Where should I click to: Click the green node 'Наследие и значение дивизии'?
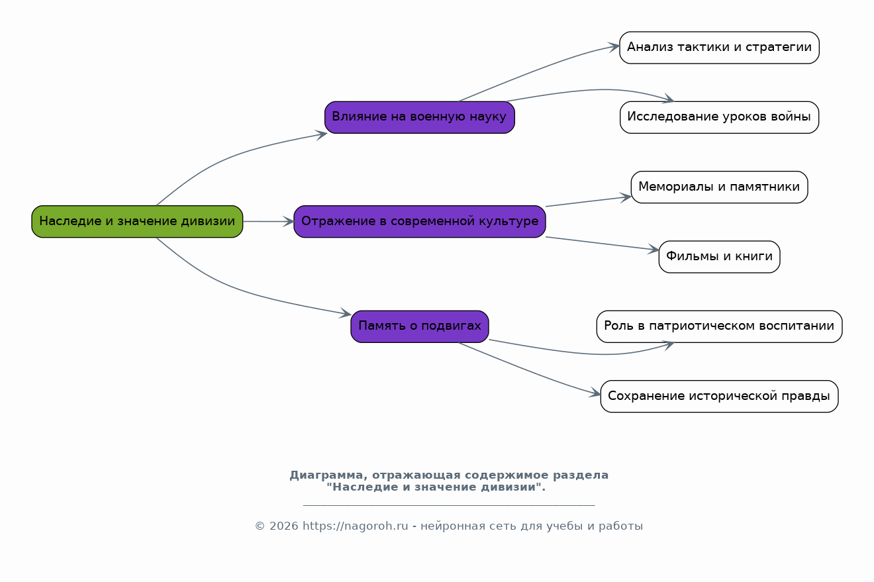point(137,222)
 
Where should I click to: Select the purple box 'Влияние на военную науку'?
point(419,117)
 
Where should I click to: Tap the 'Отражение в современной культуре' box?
point(419,222)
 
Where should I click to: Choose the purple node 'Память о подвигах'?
point(419,326)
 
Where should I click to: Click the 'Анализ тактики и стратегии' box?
point(719,48)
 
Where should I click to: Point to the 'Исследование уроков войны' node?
point(719,117)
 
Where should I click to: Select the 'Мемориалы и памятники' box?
point(719,187)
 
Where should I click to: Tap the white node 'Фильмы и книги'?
point(719,257)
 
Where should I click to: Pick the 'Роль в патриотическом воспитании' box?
point(719,326)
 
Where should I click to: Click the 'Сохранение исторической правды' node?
point(719,397)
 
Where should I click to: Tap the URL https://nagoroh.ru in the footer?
point(355,526)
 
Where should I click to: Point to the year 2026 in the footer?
point(283,526)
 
